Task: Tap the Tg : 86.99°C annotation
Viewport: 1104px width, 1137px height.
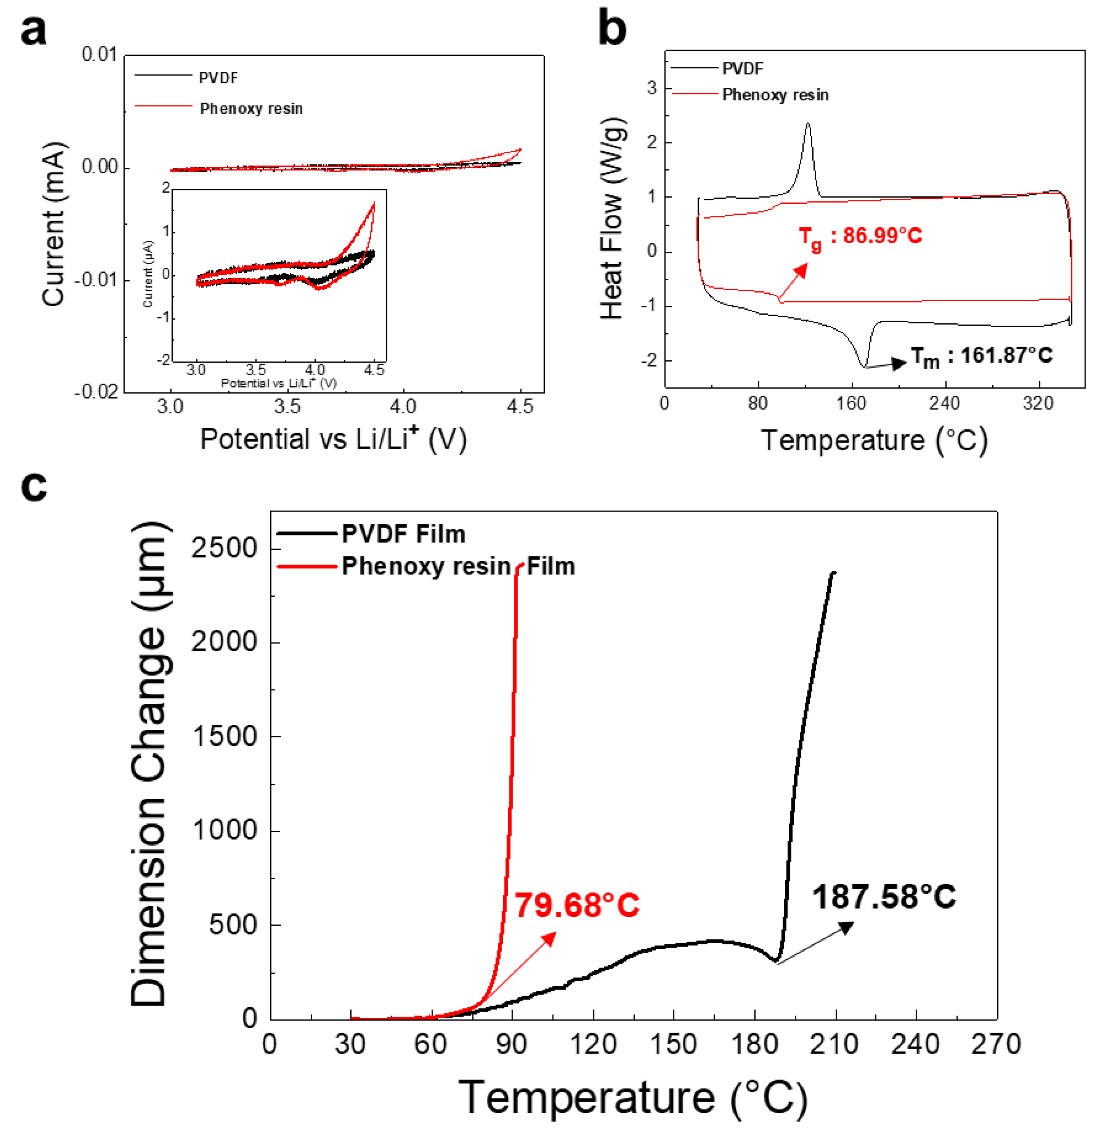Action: point(860,237)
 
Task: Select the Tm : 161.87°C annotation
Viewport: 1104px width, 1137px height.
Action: point(981,356)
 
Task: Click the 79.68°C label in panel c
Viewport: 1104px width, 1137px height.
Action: point(576,906)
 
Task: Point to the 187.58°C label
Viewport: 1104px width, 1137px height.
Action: point(884,897)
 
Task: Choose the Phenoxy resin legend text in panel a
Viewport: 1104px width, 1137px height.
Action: point(251,108)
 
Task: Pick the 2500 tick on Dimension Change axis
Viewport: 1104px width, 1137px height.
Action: point(224,548)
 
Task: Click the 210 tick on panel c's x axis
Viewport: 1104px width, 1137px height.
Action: point(835,1044)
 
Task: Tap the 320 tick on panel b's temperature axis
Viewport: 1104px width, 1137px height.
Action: point(1038,403)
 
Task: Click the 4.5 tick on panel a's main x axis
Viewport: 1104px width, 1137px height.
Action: point(520,407)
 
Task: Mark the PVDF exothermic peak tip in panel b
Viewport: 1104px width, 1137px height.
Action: point(808,123)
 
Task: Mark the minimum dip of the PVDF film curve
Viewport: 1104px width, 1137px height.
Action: point(776,961)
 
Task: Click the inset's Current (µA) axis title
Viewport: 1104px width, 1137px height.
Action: point(148,274)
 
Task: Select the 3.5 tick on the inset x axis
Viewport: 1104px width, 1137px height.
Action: point(256,370)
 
